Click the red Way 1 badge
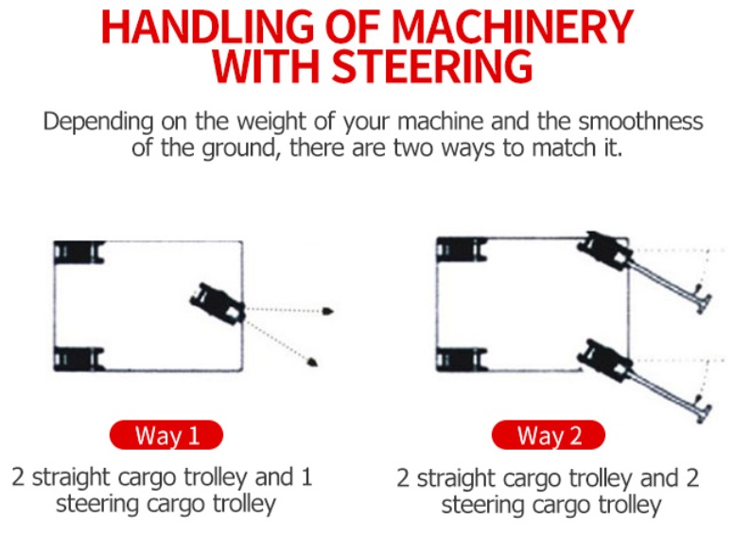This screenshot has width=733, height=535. coord(166,436)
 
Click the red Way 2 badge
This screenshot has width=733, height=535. coord(549,436)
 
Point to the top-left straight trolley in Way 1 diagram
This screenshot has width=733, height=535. coord(78,253)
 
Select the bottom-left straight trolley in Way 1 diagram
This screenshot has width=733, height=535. coord(78,358)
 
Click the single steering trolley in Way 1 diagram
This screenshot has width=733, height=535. coord(218,303)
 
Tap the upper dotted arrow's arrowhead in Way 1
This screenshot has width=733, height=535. coord(327,311)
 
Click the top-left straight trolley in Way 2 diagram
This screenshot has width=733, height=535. coord(461,250)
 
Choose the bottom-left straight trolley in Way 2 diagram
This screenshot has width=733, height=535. coord(461,360)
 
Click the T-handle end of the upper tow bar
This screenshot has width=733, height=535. coord(703,302)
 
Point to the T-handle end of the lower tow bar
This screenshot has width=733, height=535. coord(703,411)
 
